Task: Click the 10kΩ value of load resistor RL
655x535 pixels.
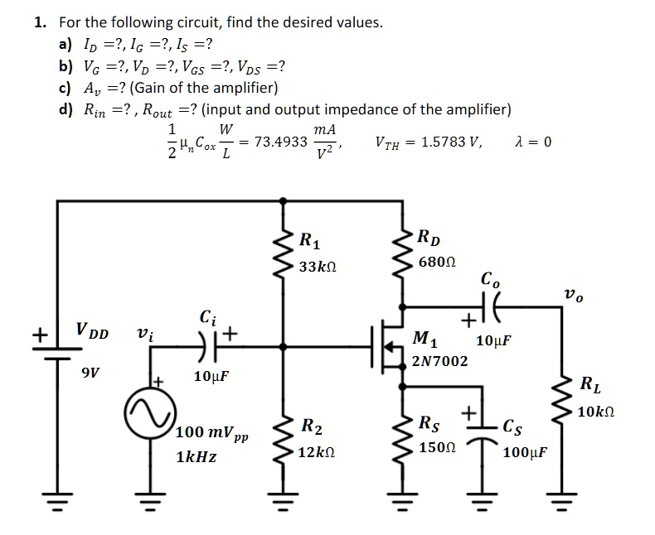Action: point(595,412)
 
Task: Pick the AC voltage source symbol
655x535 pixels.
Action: point(150,412)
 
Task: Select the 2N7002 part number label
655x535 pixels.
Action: point(439,361)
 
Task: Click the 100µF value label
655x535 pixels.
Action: point(523,453)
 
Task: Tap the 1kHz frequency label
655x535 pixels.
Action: point(197,455)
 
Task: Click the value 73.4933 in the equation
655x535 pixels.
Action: point(274,142)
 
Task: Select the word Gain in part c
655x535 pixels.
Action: point(161,88)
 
